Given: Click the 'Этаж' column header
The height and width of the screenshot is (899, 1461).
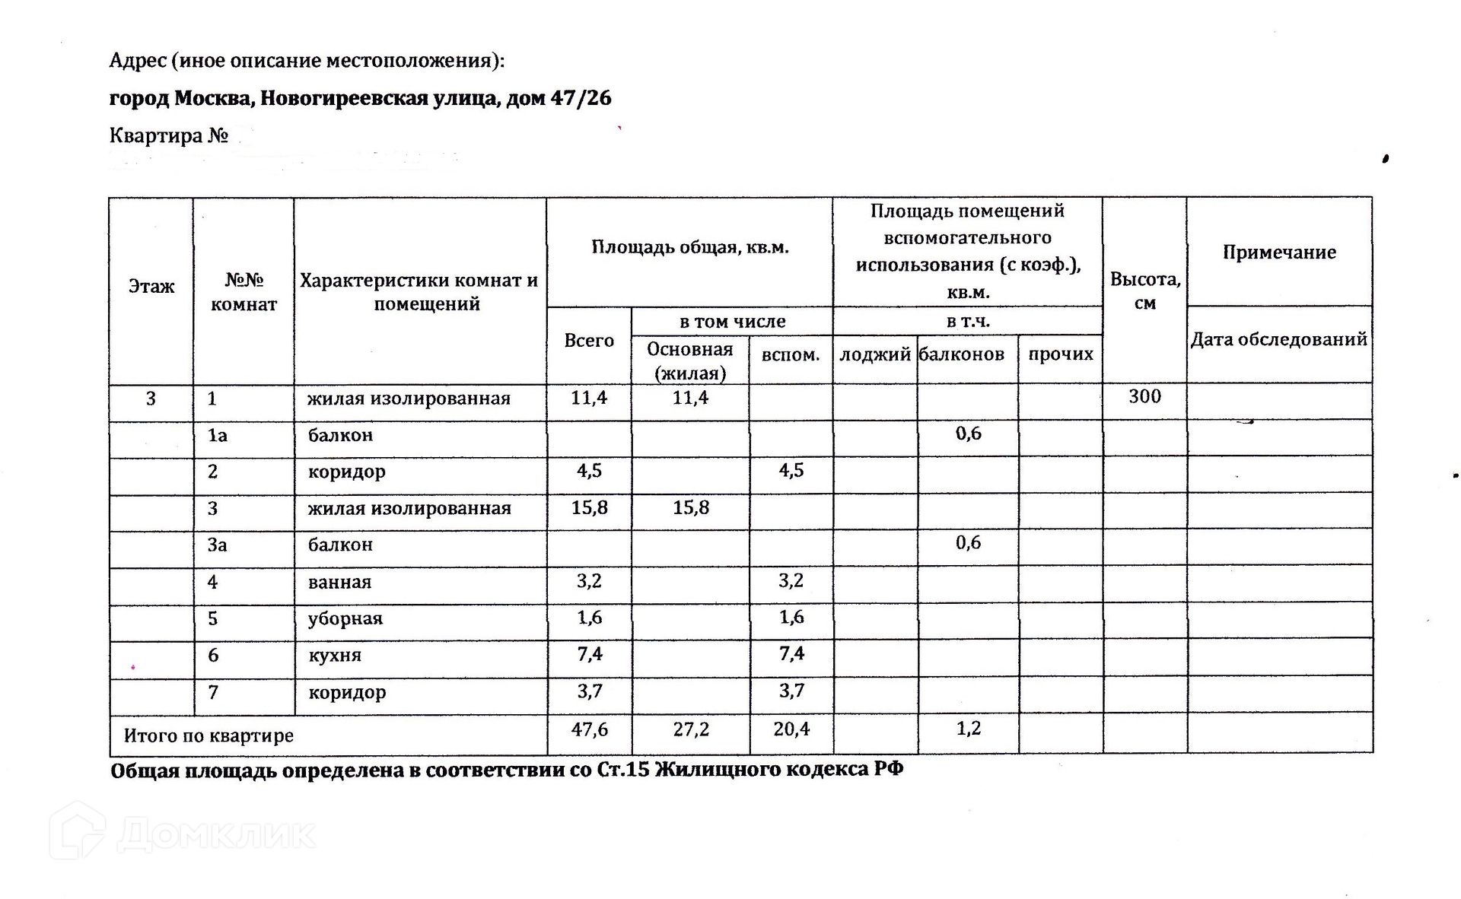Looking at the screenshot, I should point(151,287).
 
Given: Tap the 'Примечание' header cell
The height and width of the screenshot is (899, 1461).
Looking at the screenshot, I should point(1279,253).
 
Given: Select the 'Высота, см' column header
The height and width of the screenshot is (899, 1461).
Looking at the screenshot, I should point(1144,291).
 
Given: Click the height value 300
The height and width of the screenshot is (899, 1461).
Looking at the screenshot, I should point(1144,396).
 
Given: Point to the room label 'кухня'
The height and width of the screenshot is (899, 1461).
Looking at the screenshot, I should point(334,655).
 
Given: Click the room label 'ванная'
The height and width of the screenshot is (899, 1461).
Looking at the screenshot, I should point(339,582).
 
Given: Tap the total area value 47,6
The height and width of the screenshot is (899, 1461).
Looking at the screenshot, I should point(590,729).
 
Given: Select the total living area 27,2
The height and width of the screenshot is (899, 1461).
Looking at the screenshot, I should point(691,729).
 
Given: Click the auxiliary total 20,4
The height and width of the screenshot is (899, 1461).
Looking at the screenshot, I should point(791,729).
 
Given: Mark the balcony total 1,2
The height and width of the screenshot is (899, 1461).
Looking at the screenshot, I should point(969,729).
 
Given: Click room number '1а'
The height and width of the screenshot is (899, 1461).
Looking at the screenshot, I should point(218,435).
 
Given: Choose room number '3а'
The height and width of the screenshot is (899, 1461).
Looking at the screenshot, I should point(218,545).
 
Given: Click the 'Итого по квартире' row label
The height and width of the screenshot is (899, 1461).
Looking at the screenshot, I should point(208,735).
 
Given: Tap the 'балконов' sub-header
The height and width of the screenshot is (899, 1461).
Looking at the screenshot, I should point(962,354).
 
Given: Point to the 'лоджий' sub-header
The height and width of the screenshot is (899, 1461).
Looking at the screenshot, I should point(874,354).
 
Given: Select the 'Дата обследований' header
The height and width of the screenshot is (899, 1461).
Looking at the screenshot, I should point(1278,339).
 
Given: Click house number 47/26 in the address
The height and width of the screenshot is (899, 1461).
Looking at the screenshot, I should point(581,98).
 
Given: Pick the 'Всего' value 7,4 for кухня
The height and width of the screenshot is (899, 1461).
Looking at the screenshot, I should point(590,654).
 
